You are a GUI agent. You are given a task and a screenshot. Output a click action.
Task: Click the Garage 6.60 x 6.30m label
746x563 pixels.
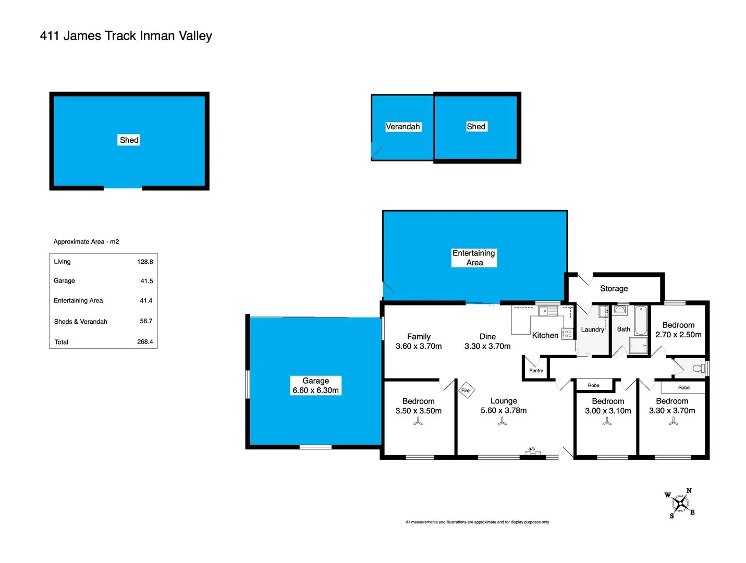coord(315,386)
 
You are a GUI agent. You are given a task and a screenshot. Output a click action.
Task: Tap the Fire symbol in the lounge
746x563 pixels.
coord(466,390)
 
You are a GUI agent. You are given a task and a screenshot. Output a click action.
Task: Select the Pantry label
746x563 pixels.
coord(536,371)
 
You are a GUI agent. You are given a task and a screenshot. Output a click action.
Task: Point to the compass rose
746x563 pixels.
coord(680,504)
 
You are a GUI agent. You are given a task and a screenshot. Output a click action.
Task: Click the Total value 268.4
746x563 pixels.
coord(145,342)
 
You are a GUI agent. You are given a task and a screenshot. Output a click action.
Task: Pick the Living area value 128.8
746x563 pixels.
coord(145,262)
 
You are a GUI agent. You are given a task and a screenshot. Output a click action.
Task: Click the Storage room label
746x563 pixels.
coord(614,289)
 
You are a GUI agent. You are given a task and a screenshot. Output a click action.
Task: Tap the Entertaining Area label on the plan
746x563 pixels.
coord(474,258)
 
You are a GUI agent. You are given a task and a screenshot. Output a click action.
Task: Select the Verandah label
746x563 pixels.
coord(402,127)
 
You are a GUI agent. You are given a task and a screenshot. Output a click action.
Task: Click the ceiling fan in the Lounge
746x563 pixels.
coord(502,422)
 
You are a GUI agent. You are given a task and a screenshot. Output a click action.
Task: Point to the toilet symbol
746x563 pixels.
coord(698,369)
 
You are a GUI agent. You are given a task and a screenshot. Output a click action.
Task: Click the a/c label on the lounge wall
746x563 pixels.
coord(532,449)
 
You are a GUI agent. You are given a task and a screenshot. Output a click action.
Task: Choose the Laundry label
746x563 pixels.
coord(592,329)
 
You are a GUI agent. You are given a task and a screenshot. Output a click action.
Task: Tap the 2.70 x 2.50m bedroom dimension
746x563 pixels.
coord(678,335)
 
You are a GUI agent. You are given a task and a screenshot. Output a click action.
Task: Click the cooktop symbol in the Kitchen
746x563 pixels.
coord(567,334)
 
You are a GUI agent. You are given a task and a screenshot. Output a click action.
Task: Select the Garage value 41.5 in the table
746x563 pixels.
coord(146,281)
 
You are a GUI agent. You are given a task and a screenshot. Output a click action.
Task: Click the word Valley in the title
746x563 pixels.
coord(195,36)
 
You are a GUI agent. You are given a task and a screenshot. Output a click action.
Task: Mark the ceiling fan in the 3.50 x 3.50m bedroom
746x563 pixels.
coord(418,422)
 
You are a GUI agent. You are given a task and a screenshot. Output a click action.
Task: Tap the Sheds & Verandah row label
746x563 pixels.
coord(80,322)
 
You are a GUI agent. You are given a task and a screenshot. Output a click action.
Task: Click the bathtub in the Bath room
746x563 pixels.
coord(640,320)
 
